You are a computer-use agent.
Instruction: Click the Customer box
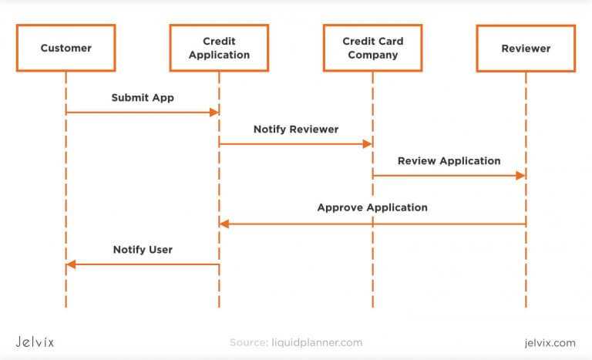(66, 48)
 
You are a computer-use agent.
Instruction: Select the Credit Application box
(219, 48)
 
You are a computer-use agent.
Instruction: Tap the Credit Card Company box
(372, 48)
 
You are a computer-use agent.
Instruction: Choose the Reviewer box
(526, 48)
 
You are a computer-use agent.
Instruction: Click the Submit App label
(143, 98)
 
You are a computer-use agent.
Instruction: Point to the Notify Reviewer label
(295, 130)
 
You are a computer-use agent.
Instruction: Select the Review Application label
(449, 161)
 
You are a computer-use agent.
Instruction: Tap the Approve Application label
(372, 207)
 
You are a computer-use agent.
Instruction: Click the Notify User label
(143, 250)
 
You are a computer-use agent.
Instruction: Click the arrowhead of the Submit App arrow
(215, 113)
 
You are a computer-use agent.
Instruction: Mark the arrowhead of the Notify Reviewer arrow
(368, 144)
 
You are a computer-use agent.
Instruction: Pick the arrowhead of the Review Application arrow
(521, 176)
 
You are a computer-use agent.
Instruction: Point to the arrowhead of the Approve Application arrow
(224, 224)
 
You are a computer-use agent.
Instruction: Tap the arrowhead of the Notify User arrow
(71, 264)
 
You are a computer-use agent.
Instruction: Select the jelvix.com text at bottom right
(548, 342)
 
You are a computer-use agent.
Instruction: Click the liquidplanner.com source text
(316, 342)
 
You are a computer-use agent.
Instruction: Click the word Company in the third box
(372, 55)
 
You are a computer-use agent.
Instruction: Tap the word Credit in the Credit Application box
(219, 41)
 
